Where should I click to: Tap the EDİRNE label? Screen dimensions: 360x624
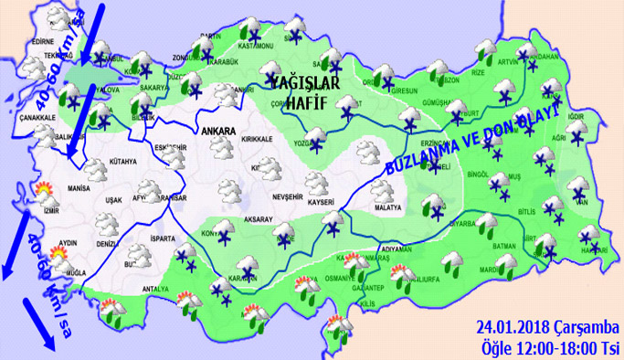click(44, 42)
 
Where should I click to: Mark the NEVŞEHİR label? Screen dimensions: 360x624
click(294, 196)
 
